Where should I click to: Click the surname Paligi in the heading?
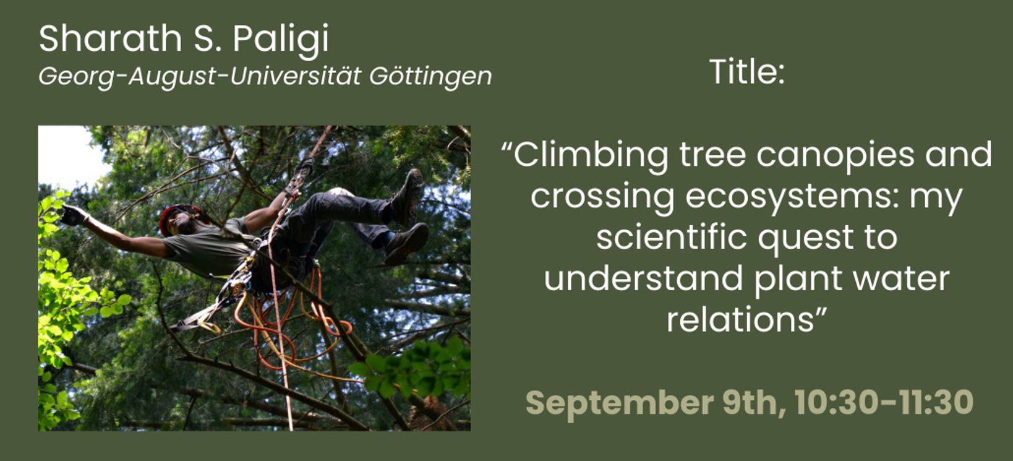coord(281,40)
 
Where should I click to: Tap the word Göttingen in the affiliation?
coord(430,77)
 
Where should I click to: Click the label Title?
coord(746,72)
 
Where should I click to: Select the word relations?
coord(741,319)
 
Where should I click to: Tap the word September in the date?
coord(620,403)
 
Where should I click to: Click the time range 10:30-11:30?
coord(884,402)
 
